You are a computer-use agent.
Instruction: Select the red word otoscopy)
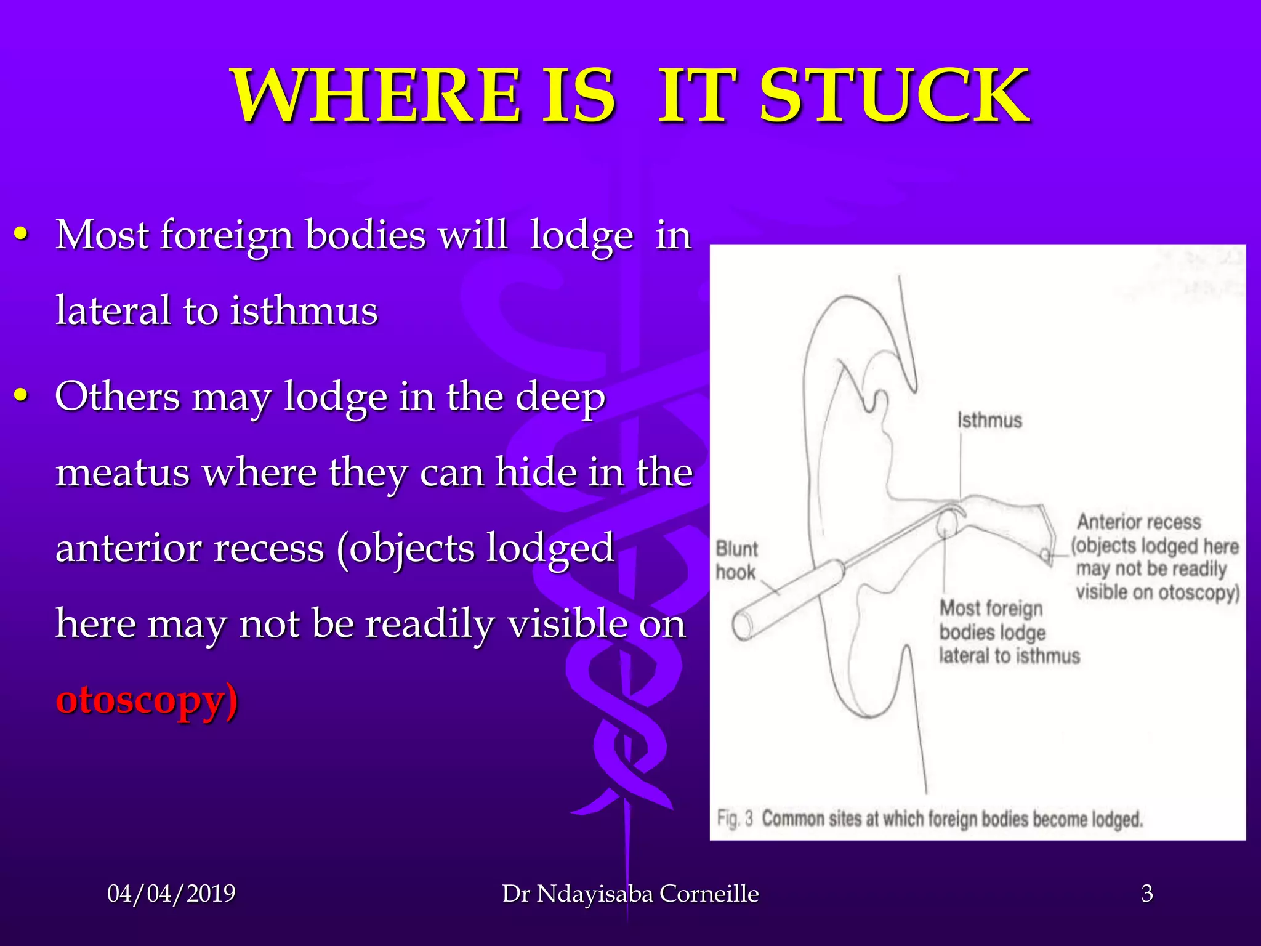click(147, 700)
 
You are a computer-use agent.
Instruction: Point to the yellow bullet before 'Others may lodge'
click(22, 396)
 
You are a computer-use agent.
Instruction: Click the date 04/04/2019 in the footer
click(171, 893)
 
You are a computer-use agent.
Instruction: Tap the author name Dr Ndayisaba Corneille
click(630, 893)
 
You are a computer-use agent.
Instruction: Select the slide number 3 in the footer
click(1146, 893)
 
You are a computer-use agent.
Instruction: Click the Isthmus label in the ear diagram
click(989, 421)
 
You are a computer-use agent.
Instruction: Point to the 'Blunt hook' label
click(736, 560)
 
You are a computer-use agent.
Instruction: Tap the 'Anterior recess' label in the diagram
click(1138, 522)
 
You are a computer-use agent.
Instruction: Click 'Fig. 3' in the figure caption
click(735, 819)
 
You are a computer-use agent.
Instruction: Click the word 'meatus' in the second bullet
click(123, 472)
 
